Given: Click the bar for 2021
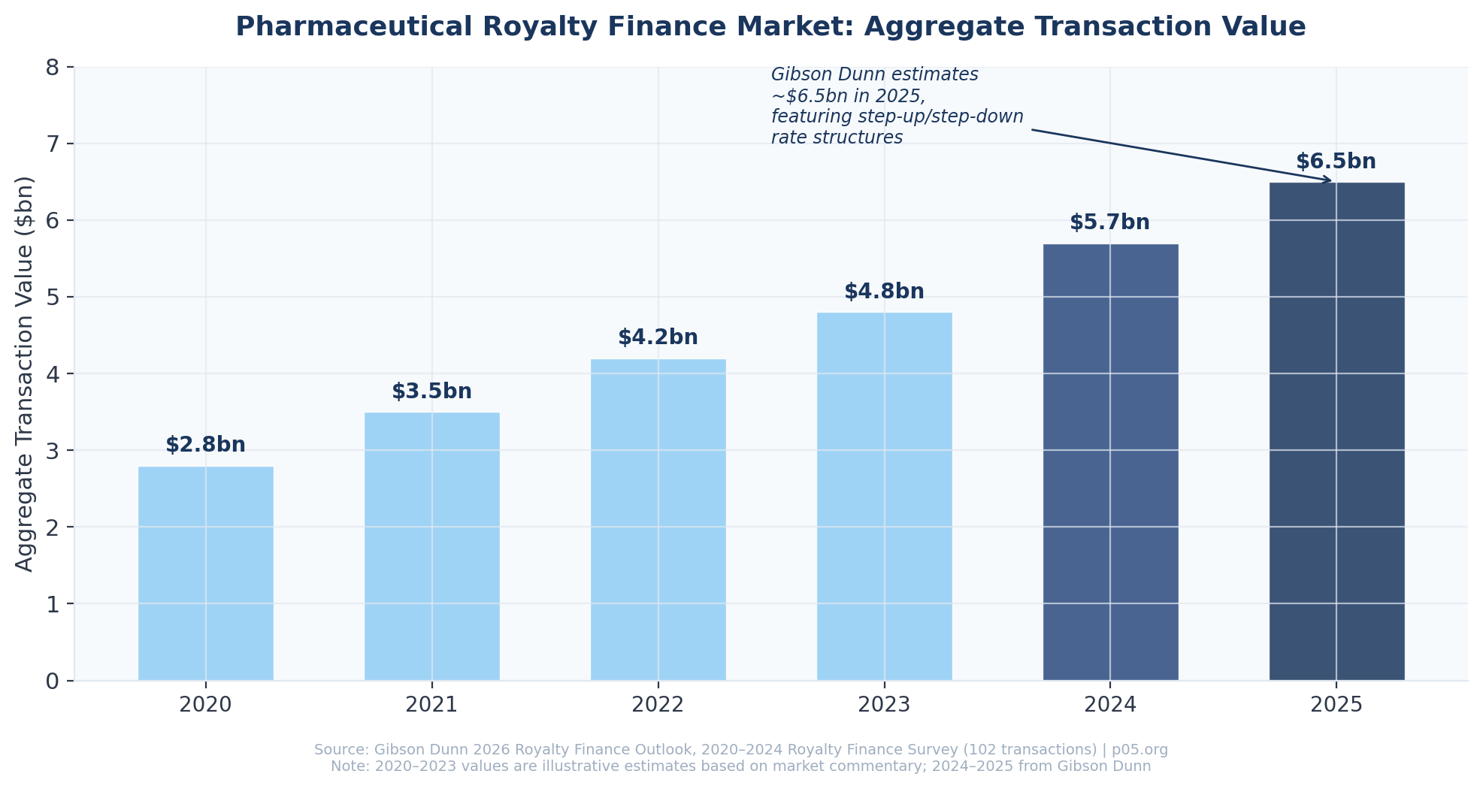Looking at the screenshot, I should tap(431, 546).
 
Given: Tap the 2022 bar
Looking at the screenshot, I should tap(658, 520).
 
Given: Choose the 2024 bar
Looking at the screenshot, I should tap(1110, 462).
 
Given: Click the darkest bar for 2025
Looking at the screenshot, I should tap(1336, 431).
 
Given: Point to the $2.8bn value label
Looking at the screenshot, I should tap(205, 445).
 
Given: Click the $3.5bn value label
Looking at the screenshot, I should tap(431, 391).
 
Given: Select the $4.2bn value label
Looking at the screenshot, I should tap(658, 337).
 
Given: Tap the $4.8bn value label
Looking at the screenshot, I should tap(884, 292).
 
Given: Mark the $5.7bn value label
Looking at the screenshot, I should tap(1109, 222).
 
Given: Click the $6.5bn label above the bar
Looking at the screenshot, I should tap(1336, 162).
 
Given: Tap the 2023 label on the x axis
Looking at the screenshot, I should tap(884, 705).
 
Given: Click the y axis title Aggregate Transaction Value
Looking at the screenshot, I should tap(25, 373).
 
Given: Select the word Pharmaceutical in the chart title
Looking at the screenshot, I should tap(353, 27).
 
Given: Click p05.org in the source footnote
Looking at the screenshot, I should tap(1139, 750).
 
